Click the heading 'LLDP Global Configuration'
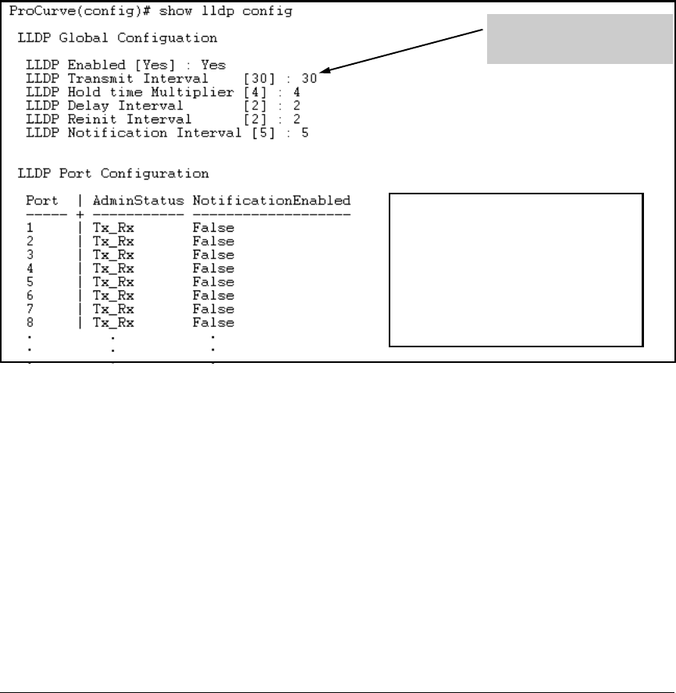pyautogui.click(x=117, y=37)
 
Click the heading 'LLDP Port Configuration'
pyautogui.click(x=113, y=173)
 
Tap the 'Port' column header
pyautogui.click(x=41, y=201)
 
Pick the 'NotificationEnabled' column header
pyautogui.click(x=272, y=201)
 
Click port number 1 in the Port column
pyautogui.click(x=30, y=228)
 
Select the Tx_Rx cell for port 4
pyautogui.click(x=113, y=268)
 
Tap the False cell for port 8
pyautogui.click(x=213, y=322)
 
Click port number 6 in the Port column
pyautogui.click(x=30, y=295)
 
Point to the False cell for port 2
pyautogui.click(x=213, y=241)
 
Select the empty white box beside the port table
pyautogui.click(x=516, y=268)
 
